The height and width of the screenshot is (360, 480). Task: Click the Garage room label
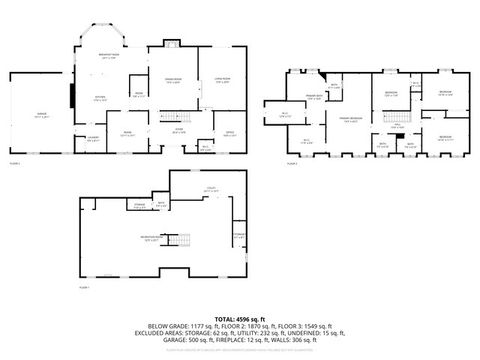pyautogui.click(x=41, y=114)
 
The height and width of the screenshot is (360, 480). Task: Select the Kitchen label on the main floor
pyautogui.click(x=100, y=97)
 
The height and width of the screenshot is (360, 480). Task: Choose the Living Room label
pyautogui.click(x=223, y=81)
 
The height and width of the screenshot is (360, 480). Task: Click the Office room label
pyautogui.click(x=229, y=131)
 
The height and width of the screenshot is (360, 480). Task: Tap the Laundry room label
pyautogui.click(x=92, y=139)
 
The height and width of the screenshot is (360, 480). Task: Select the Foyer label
pyautogui.click(x=180, y=130)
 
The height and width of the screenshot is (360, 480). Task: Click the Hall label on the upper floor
pyautogui.click(x=397, y=126)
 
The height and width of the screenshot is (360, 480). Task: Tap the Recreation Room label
pyautogui.click(x=153, y=238)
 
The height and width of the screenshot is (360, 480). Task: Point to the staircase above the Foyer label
pyautogui.click(x=180, y=116)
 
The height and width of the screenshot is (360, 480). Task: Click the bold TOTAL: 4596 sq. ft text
pyautogui.click(x=239, y=318)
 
